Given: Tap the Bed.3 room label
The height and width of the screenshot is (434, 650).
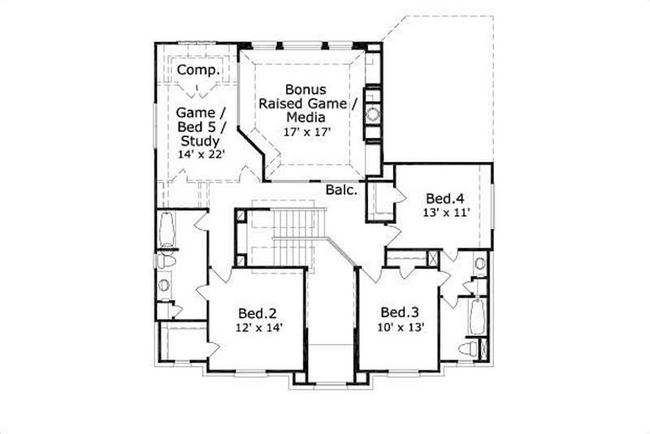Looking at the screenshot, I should coord(400,313).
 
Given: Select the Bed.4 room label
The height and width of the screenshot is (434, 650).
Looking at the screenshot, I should coord(446,198).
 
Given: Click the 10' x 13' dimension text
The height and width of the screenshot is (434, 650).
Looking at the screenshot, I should coord(400,328).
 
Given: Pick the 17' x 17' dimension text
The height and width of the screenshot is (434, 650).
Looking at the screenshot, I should coord(307,130).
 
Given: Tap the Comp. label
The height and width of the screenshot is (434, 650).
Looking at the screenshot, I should coord(197,71).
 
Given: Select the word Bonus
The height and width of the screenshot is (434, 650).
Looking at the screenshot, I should coord(307,88).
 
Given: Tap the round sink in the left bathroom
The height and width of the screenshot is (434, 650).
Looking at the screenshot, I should coord(165,285).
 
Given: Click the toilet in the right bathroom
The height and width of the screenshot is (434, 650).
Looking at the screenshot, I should coord(470,349).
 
